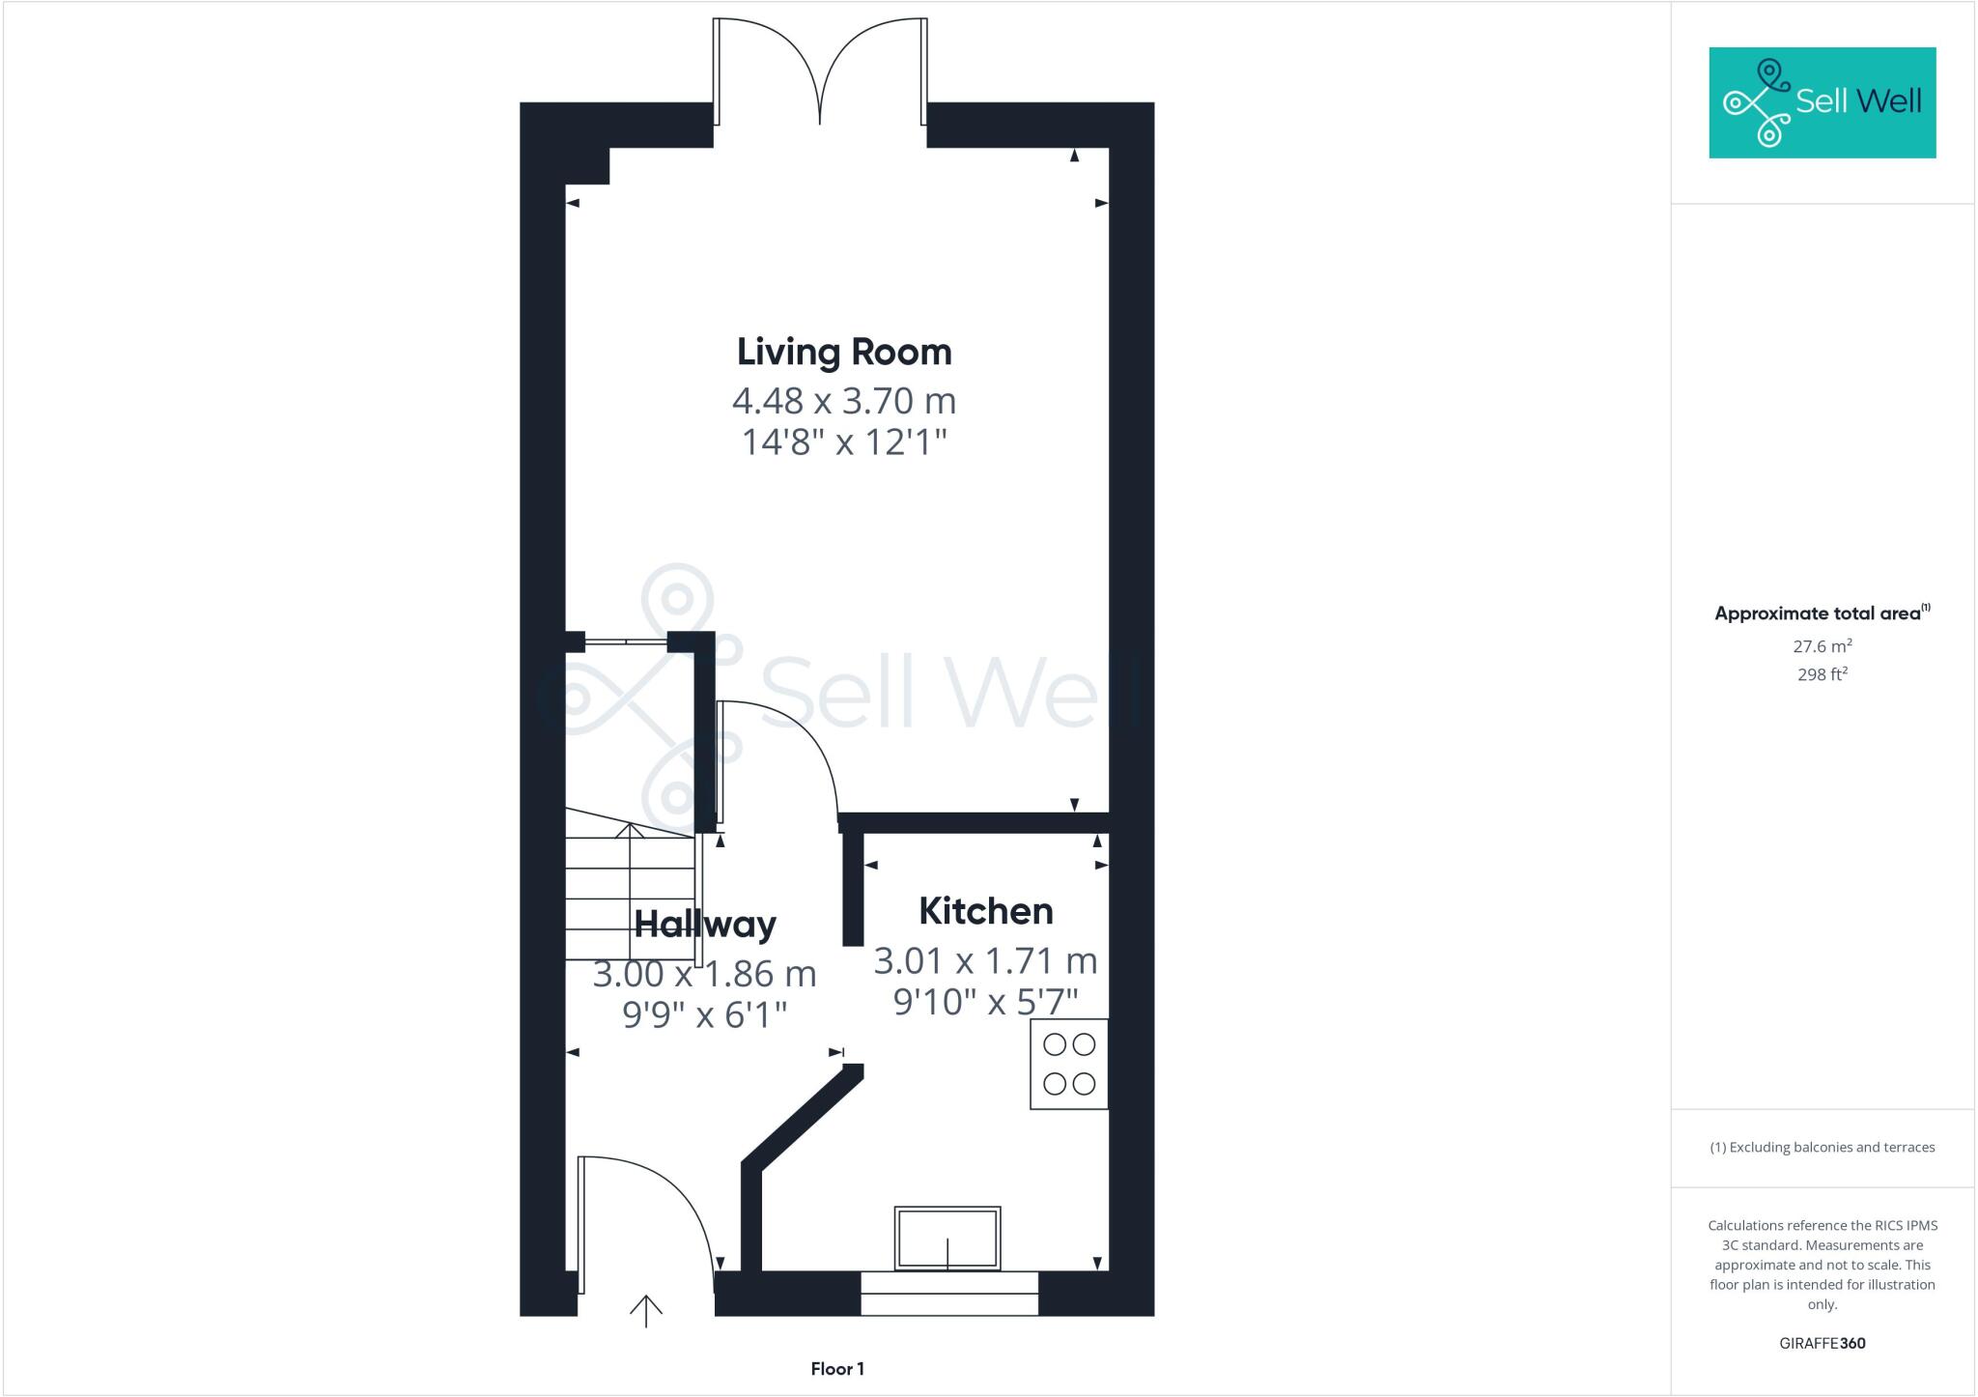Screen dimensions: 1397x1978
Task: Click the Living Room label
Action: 844,352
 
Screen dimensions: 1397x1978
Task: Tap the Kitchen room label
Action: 985,911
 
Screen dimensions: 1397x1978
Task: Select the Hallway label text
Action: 704,925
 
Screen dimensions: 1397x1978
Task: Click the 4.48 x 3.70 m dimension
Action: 844,400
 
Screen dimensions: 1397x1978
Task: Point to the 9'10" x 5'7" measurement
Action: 985,1002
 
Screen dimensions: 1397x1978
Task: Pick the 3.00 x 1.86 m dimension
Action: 704,974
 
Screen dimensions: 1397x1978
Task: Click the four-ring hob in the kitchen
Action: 1069,1064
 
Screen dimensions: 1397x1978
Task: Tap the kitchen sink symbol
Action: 947,1239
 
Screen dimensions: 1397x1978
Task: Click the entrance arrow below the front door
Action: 646,1311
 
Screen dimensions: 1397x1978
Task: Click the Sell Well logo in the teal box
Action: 1823,102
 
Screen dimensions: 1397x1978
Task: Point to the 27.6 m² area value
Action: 1823,646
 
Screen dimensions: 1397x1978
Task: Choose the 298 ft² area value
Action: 1823,674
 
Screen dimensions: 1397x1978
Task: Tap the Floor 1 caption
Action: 837,1369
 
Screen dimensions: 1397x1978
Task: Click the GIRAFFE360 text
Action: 1823,1343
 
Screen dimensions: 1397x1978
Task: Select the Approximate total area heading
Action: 1821,613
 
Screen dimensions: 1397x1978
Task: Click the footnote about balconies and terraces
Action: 1823,1148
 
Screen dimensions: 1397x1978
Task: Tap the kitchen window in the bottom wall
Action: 949,1294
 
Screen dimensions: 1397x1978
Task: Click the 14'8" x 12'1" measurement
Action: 844,442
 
